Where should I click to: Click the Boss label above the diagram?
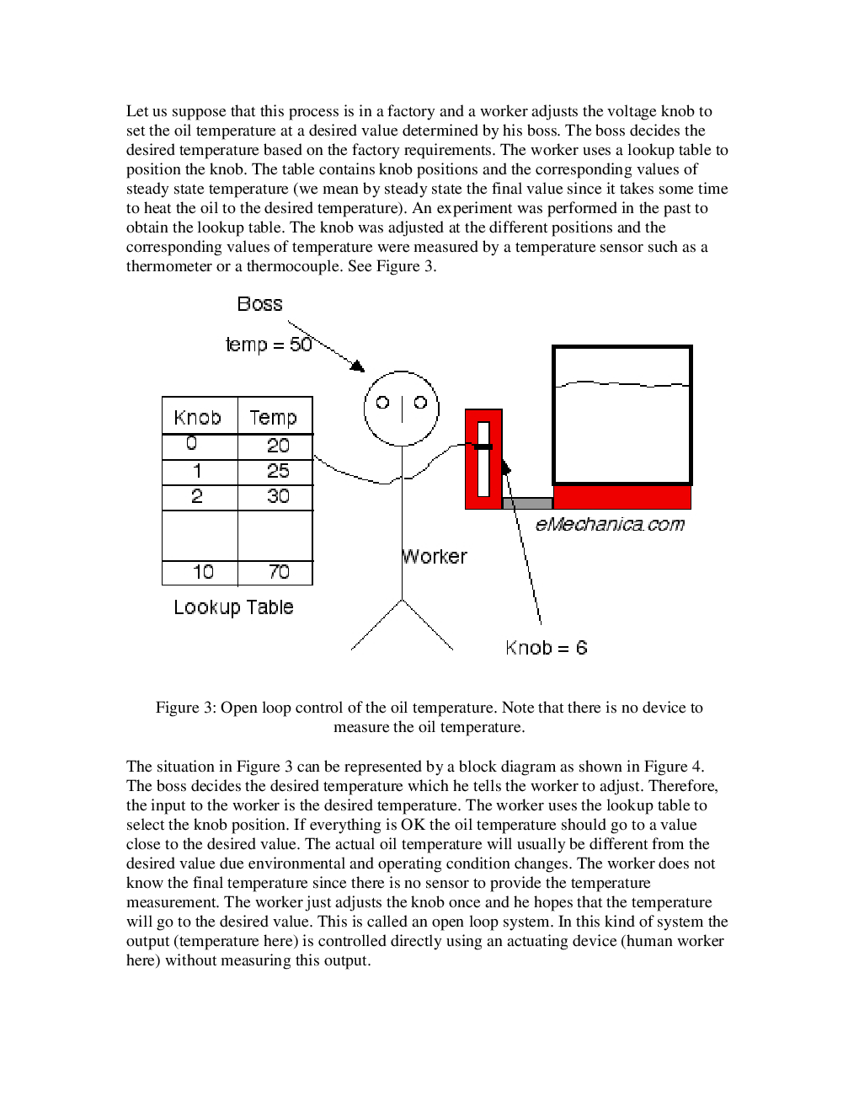[x=259, y=304]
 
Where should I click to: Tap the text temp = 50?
[x=268, y=345]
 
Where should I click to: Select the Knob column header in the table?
[x=197, y=417]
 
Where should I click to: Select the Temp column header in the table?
[x=273, y=417]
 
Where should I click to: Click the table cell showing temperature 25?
[x=277, y=471]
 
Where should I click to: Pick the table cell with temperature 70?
[x=278, y=572]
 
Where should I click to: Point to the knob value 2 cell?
[x=197, y=496]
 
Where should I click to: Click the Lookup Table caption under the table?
[x=233, y=607]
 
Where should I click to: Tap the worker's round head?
[x=402, y=408]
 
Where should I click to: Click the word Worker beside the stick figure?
[x=434, y=557]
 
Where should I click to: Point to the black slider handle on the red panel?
[x=483, y=446]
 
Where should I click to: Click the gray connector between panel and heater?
[x=527, y=504]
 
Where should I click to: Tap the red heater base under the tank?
[x=622, y=497]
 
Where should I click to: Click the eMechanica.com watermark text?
[x=610, y=525]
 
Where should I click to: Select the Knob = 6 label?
[x=546, y=648]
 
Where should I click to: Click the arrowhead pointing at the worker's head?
[x=358, y=366]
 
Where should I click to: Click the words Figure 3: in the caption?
[x=186, y=708]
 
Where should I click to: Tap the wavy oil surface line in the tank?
[x=622, y=384]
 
